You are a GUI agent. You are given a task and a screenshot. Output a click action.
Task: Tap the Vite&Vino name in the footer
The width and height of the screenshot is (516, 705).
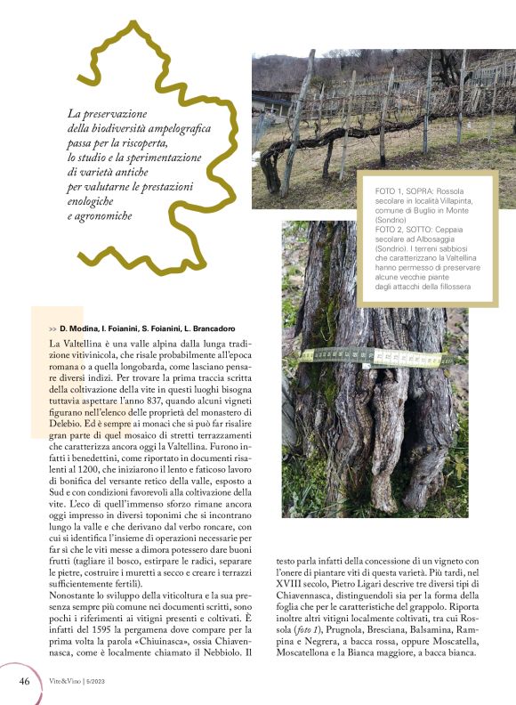[x=64, y=681]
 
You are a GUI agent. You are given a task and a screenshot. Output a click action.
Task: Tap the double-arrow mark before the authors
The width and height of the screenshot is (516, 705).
[x=52, y=328]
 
